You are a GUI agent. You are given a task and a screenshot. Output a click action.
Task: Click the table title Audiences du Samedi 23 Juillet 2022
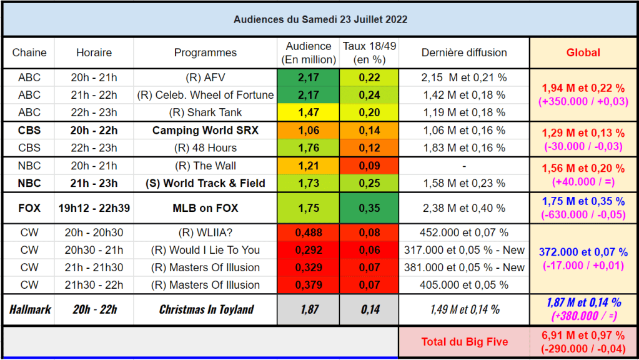[320, 19]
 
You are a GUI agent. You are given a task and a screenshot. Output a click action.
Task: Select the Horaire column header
[94, 52]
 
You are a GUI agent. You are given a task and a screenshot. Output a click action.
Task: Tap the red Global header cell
[583, 52]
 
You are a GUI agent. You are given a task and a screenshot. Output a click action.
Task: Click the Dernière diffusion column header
[464, 52]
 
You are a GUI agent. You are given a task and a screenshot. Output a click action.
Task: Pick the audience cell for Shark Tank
[308, 112]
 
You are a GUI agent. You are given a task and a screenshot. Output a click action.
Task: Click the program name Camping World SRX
[206, 131]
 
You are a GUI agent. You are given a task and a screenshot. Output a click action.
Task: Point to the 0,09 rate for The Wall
[369, 166]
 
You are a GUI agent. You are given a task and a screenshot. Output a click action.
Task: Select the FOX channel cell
[29, 208]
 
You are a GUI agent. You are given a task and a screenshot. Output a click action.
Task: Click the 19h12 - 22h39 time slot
[94, 208]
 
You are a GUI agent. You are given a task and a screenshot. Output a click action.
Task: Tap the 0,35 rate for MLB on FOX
[369, 208]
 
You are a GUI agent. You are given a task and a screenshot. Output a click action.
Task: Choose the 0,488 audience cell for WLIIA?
[308, 232]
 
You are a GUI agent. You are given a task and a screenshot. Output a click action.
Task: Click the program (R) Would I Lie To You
[206, 250]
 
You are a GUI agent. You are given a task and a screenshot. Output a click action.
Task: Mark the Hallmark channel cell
[30, 309]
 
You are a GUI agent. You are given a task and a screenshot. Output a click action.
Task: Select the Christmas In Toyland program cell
[206, 309]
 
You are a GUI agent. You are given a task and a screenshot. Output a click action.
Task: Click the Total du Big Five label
[465, 342]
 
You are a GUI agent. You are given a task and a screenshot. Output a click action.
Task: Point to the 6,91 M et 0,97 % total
[583, 335]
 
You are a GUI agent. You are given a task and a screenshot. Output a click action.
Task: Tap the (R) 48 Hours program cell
[206, 148]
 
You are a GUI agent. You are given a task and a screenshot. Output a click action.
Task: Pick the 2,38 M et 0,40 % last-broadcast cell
[464, 208]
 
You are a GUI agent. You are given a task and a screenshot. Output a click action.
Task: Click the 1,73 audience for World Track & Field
[308, 184]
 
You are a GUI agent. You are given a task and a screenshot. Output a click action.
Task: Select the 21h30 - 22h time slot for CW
[94, 285]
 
